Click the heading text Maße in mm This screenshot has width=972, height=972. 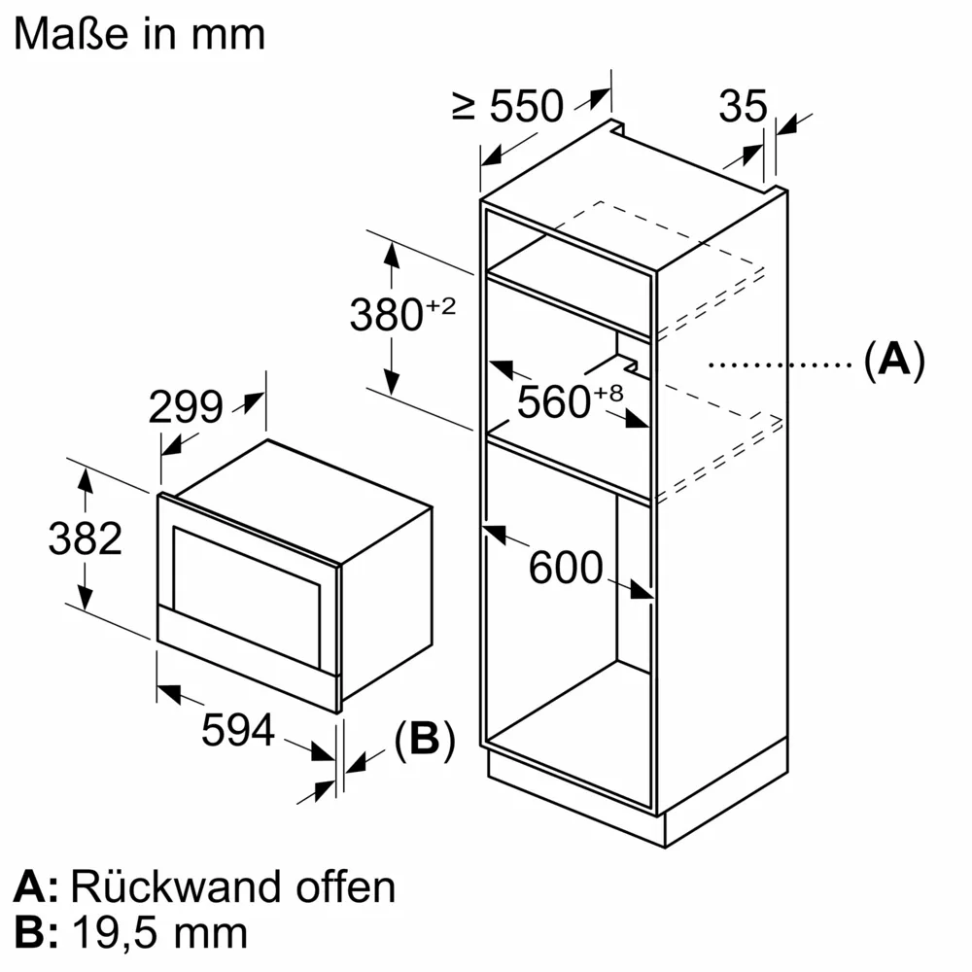point(140,35)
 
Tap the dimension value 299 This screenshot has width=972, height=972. point(186,408)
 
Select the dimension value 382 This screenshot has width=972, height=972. point(86,538)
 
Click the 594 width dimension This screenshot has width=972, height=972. point(238,730)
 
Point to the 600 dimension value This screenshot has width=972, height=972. point(566,568)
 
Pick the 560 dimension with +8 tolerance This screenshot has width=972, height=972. point(569,399)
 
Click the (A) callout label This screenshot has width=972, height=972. point(893,361)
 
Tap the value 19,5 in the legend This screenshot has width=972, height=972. point(121,933)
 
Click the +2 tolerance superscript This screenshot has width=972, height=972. point(439,306)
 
